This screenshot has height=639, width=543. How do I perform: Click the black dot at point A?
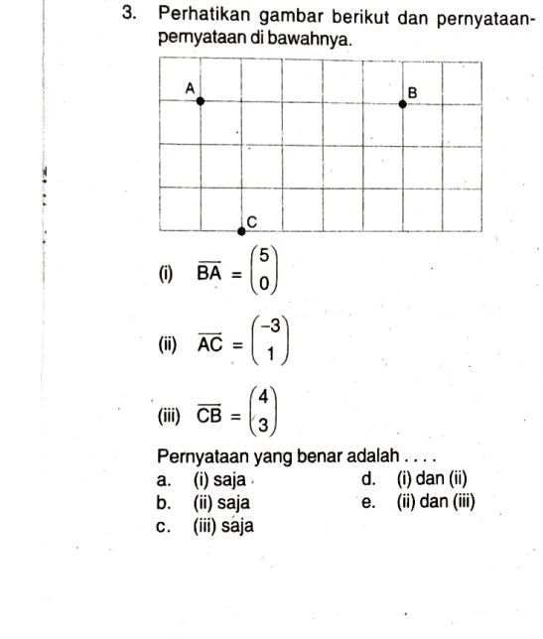click(201, 100)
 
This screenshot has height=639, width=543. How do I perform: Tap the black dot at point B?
click(402, 102)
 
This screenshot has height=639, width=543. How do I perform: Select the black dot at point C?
click(241, 231)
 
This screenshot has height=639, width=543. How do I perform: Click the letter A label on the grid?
click(190, 87)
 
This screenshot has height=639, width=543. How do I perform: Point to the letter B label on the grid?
click(413, 91)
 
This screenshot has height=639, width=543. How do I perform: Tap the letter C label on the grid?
click(251, 219)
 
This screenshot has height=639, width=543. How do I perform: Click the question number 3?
click(128, 16)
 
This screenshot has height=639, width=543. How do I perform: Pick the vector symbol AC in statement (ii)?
click(209, 344)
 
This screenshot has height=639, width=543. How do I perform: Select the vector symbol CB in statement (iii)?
click(209, 415)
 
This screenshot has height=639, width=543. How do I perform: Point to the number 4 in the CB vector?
click(263, 398)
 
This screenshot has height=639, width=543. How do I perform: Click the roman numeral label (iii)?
click(167, 415)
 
